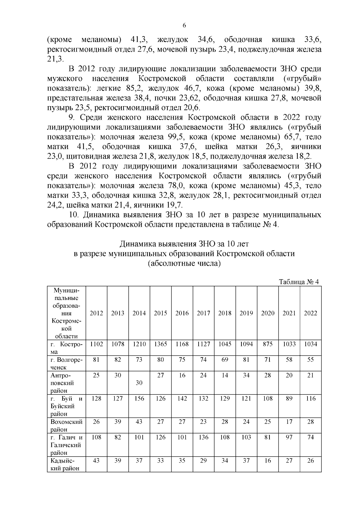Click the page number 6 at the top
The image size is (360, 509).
coord(184,26)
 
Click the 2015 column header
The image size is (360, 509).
coord(160,313)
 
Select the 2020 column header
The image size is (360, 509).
coord(268,313)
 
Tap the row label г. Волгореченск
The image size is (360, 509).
coord(66,363)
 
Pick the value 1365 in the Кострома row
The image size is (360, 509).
coord(160,344)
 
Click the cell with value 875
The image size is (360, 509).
coord(268,344)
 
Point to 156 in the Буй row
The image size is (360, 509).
coord(139,399)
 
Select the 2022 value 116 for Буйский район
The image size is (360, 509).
coord(310,399)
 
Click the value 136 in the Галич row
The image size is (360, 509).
coord(203,437)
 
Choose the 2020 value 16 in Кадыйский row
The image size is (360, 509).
coord(268,461)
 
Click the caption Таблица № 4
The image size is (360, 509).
coord(298,282)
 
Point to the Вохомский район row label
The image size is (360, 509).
coord(66,426)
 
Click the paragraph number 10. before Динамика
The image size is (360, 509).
coord(74,215)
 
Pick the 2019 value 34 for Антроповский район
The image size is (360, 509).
coord(246,375)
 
